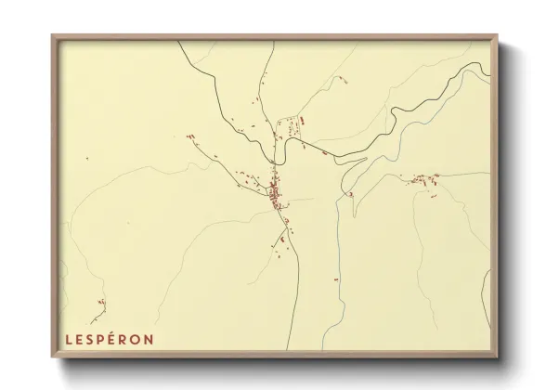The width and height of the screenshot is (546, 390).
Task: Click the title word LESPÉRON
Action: coord(109,339)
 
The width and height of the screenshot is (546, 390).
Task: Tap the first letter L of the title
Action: coord(68,339)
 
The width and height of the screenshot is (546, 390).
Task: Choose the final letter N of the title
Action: coord(149,339)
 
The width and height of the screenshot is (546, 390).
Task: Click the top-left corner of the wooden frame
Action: coord(53,36)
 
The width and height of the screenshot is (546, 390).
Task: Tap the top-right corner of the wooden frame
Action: coord(497,36)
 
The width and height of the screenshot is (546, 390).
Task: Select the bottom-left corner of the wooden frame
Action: coord(53,358)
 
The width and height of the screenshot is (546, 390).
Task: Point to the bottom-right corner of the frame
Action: coord(497,358)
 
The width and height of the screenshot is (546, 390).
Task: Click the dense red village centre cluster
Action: coord(275,193)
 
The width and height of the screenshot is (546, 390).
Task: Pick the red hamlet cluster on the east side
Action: coord(423,179)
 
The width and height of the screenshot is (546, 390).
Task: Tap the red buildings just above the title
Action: coord(101,304)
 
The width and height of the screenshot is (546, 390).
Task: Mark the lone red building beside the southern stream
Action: coord(335,277)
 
